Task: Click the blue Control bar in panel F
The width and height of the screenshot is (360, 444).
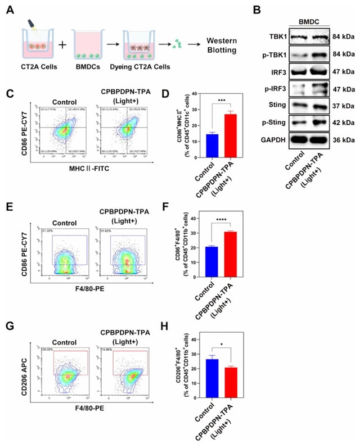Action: (211, 261)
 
